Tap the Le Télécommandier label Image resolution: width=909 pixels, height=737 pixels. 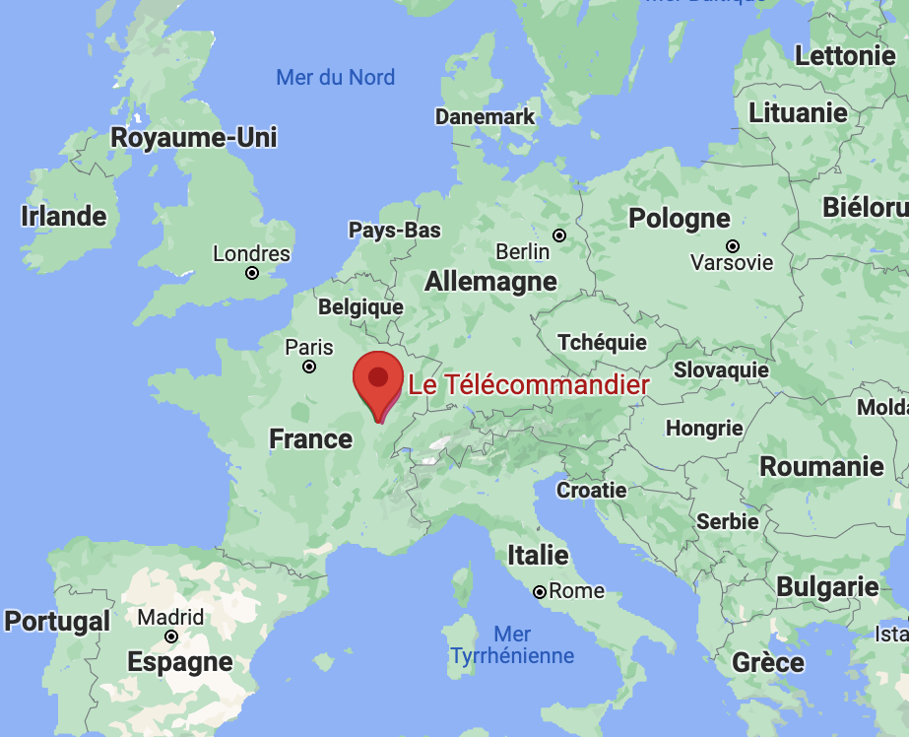(529, 385)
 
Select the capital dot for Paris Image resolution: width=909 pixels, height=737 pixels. (309, 367)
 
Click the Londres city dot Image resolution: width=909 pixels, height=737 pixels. (252, 273)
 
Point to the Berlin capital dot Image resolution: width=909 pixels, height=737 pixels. (559, 235)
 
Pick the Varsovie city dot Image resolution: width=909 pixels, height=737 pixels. (732, 245)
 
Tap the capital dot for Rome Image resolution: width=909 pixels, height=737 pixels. (540, 592)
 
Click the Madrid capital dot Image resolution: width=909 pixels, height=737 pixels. (171, 636)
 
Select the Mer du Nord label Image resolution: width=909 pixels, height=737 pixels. (335, 77)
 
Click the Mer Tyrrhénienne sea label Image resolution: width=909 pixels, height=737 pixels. (512, 644)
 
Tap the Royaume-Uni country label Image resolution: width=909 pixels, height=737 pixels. (193, 137)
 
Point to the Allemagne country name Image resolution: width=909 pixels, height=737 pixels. (490, 282)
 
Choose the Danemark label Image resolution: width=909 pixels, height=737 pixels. (485, 116)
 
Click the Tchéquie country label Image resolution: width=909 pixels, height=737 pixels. (602, 342)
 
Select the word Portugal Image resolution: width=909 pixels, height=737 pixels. (57, 622)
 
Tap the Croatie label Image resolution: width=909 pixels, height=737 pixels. (591, 490)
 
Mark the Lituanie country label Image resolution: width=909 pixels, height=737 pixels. (798, 112)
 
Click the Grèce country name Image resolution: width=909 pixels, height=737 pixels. (767, 662)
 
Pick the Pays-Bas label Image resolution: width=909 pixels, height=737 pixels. (395, 231)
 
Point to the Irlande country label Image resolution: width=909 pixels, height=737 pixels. (63, 216)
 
